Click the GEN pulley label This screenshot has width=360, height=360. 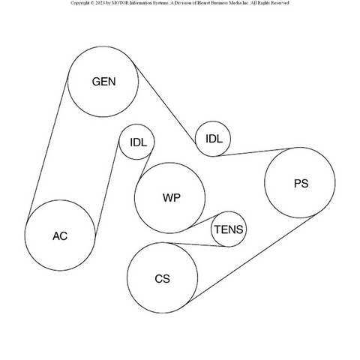pyautogui.click(x=103, y=82)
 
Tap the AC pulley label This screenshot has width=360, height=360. pyautogui.click(x=60, y=236)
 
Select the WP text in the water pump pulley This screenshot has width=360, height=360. pyautogui.click(x=172, y=198)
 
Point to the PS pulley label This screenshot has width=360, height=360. pyautogui.click(x=301, y=184)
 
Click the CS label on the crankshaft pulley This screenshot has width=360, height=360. pyautogui.click(x=162, y=279)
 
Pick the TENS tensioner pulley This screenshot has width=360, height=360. pyautogui.click(x=229, y=229)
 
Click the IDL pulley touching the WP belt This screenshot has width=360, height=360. pyautogui.click(x=137, y=142)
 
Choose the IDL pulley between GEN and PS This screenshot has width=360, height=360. pyautogui.click(x=213, y=139)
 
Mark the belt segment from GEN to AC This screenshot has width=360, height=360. pyautogui.click(x=47, y=147)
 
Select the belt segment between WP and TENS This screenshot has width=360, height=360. pyautogui.click(x=203, y=221)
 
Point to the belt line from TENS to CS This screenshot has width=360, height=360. pyautogui.click(x=197, y=244)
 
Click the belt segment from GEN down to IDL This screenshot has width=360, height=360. pyautogui.click(x=165, y=103)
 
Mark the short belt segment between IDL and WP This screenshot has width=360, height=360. pyautogui.click(x=145, y=166)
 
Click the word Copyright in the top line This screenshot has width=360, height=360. pyautogui.click(x=79, y=3)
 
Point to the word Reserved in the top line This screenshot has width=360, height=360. pyautogui.click(x=279, y=3)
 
